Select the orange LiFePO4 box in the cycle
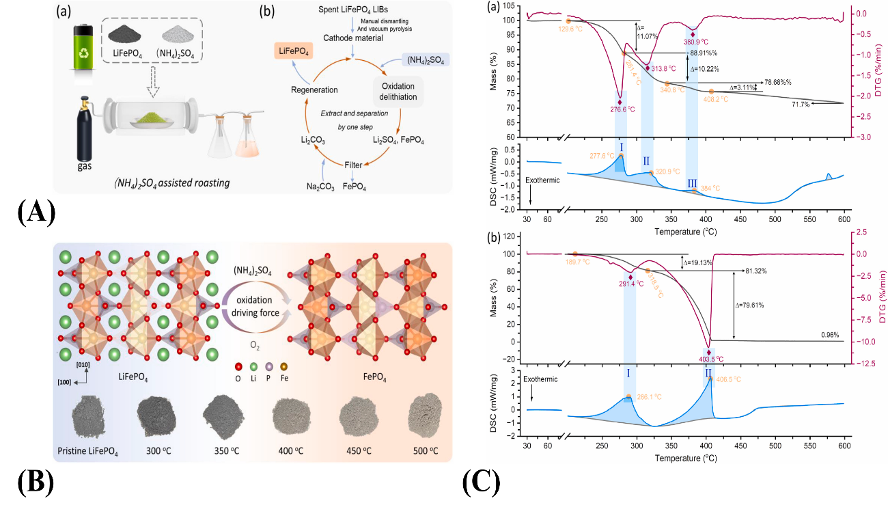296,51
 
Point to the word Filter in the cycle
353,165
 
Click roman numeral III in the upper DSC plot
692,182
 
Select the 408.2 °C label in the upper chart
714,99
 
